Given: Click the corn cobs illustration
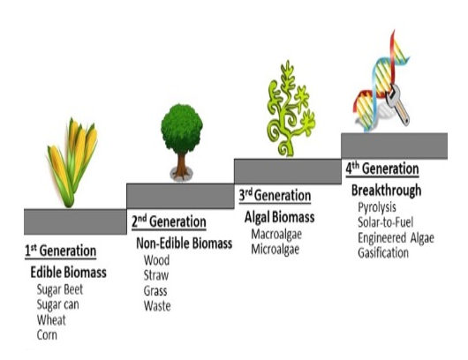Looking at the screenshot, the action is click(x=72, y=162).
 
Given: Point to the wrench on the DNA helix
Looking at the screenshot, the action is click(x=397, y=104).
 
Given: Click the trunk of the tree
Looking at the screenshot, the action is click(x=181, y=166).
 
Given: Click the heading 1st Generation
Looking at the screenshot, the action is click(x=60, y=251).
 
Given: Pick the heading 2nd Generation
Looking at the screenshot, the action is click(x=169, y=221).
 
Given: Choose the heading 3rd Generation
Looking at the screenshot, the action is click(x=275, y=195).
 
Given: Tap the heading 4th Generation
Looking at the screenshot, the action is click(x=382, y=169).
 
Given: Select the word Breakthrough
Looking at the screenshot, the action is click(x=386, y=191).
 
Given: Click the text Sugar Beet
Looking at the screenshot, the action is click(x=60, y=289).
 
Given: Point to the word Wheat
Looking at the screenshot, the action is click(x=51, y=320).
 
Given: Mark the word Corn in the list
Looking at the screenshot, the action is click(x=47, y=335).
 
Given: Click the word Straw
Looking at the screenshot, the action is click(x=156, y=275).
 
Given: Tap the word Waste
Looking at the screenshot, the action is click(x=157, y=306).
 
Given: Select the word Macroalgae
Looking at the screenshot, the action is click(x=276, y=235).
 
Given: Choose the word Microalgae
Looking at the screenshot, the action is click(x=275, y=250).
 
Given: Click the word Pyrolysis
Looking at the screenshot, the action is click(x=377, y=207).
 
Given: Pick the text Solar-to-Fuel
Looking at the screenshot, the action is click(x=386, y=222).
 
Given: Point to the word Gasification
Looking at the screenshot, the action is click(x=383, y=253).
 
